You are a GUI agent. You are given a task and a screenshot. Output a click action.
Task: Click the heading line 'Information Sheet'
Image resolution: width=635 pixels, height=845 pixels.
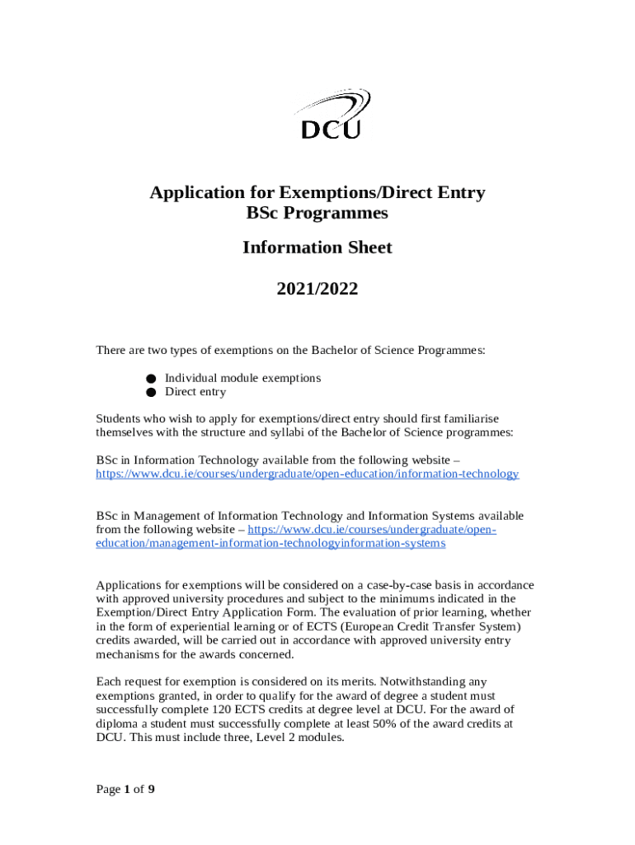[x=317, y=248]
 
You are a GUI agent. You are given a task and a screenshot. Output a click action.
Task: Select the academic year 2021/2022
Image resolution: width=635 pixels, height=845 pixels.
[x=317, y=289]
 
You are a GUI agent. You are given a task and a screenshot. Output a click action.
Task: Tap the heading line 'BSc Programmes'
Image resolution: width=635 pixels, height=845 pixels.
[x=317, y=213]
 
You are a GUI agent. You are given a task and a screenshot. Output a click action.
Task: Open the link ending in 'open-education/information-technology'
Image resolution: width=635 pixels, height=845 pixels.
[x=307, y=474]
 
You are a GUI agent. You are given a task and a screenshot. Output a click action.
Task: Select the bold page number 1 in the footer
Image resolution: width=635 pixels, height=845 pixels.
[x=128, y=790]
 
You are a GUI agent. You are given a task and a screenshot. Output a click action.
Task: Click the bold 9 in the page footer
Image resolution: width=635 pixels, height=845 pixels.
[x=151, y=790]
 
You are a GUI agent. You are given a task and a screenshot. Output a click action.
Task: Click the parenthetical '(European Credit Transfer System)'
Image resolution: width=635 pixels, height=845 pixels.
[x=428, y=626]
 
